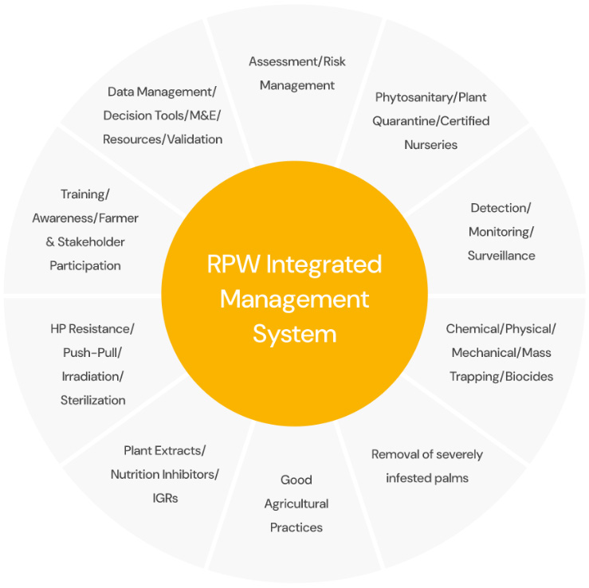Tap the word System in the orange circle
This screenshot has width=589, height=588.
pyautogui.click(x=294, y=332)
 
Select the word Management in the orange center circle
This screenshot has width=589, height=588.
pyautogui.click(x=294, y=299)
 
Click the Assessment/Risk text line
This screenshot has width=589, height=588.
pyautogui.click(x=296, y=61)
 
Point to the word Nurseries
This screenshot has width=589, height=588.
pyautogui.click(x=430, y=145)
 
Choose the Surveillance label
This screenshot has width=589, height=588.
pyautogui.click(x=501, y=256)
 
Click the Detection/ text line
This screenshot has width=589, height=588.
pyautogui.click(x=501, y=208)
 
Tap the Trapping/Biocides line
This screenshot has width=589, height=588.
pyautogui.click(x=501, y=376)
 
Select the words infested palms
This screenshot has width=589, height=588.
pyautogui.click(x=426, y=478)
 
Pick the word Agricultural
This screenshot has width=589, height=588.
pyautogui.click(x=296, y=504)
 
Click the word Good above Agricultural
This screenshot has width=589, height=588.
pyautogui.click(x=296, y=480)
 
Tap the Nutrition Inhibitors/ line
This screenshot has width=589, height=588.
pyautogui.click(x=164, y=474)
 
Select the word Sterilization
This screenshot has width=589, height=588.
pyautogui.click(x=92, y=400)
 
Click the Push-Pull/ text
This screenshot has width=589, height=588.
pyautogui.click(x=92, y=352)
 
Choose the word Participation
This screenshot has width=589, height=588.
pyautogui.click(x=85, y=265)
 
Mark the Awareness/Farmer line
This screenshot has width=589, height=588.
pyautogui.click(x=85, y=218)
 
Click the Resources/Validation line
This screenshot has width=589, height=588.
pyautogui.click(x=163, y=139)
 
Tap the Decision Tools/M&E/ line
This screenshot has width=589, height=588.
pyautogui.click(x=163, y=116)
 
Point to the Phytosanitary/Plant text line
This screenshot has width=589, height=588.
pyautogui.click(x=430, y=97)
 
